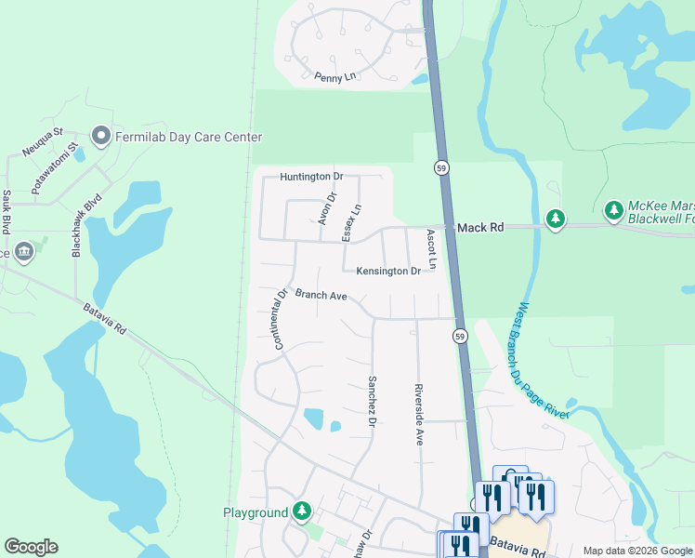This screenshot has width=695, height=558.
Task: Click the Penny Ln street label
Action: point(335,77)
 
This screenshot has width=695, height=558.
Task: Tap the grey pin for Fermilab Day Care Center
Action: point(101,137)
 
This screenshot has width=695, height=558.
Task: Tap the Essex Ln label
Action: point(351,223)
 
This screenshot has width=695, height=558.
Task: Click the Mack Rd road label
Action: point(479,226)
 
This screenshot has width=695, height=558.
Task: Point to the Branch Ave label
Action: point(321,295)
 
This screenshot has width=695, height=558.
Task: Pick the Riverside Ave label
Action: point(419,414)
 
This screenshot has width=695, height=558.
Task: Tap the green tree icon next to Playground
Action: point(302,511)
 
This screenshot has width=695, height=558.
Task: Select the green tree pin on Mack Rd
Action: point(555,219)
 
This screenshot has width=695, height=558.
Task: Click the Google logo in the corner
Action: point(31,547)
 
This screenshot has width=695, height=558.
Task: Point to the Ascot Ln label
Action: point(431,250)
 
